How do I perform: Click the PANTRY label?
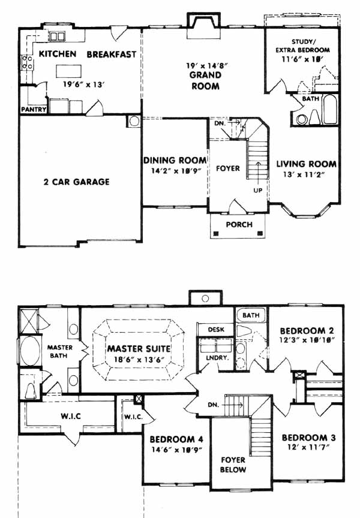[x=34, y=109]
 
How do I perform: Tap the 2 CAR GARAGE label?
[x=76, y=182]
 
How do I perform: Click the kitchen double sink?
[x=57, y=36]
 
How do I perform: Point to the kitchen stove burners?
[x=27, y=62]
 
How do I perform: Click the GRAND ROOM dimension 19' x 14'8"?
[x=207, y=65]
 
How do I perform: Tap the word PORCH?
[x=239, y=225]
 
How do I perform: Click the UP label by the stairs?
[x=258, y=191]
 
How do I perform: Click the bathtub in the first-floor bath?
[x=330, y=110]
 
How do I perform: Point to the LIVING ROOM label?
[x=306, y=164]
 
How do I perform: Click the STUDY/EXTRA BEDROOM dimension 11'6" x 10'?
[x=302, y=59]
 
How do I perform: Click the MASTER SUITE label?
[x=139, y=349]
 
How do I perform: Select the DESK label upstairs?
[x=216, y=330]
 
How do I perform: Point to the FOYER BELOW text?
[x=233, y=465]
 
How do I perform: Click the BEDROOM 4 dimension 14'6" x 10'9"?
[x=176, y=450]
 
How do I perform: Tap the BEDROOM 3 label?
[x=308, y=438]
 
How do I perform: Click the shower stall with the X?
[x=29, y=320]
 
